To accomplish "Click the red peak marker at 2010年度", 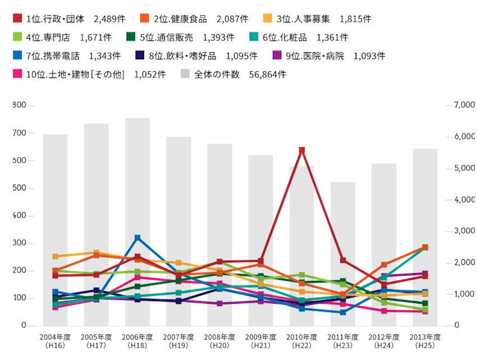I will click(x=302, y=150).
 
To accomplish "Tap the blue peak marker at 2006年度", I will click(x=137, y=238).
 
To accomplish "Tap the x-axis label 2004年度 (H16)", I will click(x=55, y=340).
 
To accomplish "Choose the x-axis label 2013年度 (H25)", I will click(x=425, y=340).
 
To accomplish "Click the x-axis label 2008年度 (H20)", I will click(x=219, y=340).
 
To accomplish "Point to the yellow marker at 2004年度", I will click(x=56, y=256).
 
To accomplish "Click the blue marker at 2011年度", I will click(x=343, y=312).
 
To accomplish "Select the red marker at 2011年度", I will click(x=343, y=260).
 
